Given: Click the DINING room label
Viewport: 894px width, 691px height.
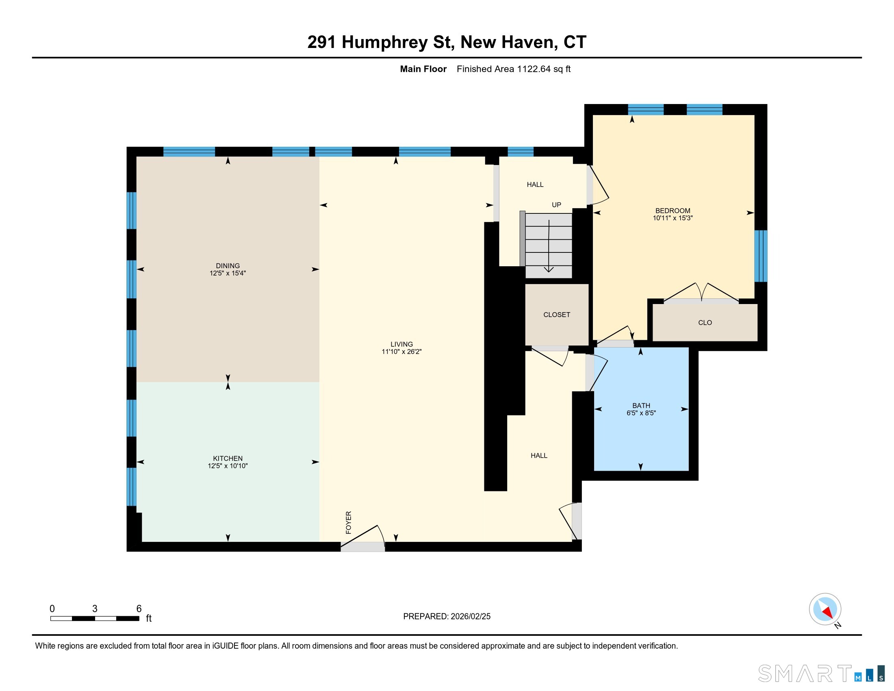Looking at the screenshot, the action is (x=228, y=266).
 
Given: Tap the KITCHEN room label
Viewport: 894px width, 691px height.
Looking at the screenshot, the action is (x=228, y=458).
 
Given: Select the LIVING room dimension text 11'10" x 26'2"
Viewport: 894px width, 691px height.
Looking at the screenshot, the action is (x=401, y=352).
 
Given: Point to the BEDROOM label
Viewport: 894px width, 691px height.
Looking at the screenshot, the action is (x=673, y=211).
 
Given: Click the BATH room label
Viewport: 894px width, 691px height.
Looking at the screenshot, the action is (x=641, y=406).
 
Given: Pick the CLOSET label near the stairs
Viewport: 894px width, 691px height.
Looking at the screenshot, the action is (x=557, y=315).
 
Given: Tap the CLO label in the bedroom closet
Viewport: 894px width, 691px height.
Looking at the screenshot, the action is (x=705, y=323).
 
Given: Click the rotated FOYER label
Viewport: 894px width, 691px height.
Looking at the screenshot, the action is (x=349, y=522).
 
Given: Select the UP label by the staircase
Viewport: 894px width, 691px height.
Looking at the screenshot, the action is (x=556, y=205).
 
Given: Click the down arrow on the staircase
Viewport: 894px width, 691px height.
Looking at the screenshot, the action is (x=549, y=246).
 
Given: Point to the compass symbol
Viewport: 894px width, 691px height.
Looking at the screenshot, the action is (x=825, y=610).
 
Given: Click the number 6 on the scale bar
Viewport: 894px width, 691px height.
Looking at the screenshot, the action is (x=139, y=609).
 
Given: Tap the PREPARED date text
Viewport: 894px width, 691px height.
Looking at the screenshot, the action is (x=447, y=617).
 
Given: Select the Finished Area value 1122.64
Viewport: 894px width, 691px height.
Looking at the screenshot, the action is (x=534, y=69).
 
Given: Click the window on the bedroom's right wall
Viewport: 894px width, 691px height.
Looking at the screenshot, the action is (x=761, y=256).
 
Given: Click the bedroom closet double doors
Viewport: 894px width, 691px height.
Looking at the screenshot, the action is (x=701, y=292).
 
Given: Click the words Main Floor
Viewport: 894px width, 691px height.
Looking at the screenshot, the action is (x=423, y=69).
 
